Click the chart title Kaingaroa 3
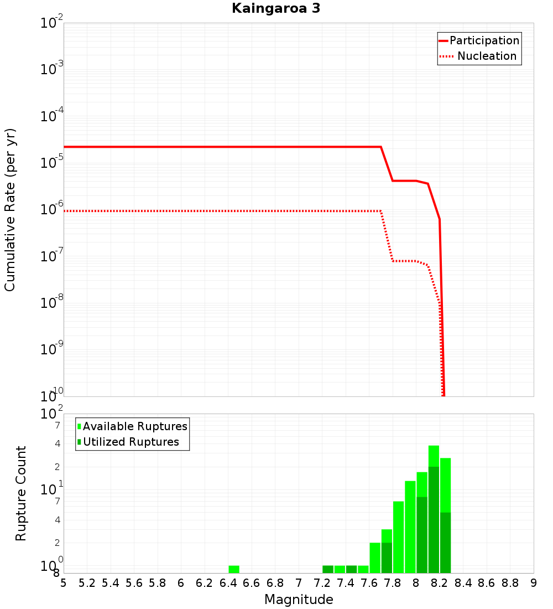click(x=276, y=8)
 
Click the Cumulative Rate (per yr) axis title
click(x=10, y=210)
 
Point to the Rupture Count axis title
click(x=21, y=493)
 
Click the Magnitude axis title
click(x=299, y=600)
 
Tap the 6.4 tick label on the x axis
click(x=228, y=583)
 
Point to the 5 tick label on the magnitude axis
click(x=64, y=583)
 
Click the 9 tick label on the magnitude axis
click(x=534, y=583)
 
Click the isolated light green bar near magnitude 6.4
click(x=234, y=569)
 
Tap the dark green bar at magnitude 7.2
click(x=328, y=569)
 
